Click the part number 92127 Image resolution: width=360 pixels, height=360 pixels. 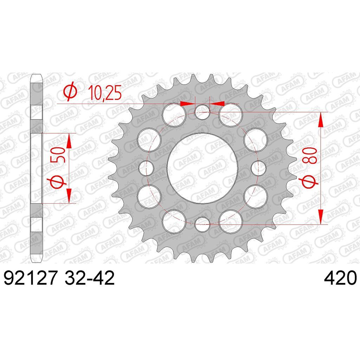click(x=30, y=278)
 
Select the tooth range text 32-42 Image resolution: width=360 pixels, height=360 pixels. click(x=90, y=278)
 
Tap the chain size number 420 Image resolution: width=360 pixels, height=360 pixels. click(x=340, y=278)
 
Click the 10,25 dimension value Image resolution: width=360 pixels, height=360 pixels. click(x=105, y=93)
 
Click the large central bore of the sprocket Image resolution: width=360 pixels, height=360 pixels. click(x=202, y=168)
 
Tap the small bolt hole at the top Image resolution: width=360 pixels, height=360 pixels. click(x=202, y=112)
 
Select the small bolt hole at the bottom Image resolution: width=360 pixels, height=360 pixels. click(x=202, y=224)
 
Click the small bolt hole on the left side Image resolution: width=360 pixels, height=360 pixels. click(x=146, y=168)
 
